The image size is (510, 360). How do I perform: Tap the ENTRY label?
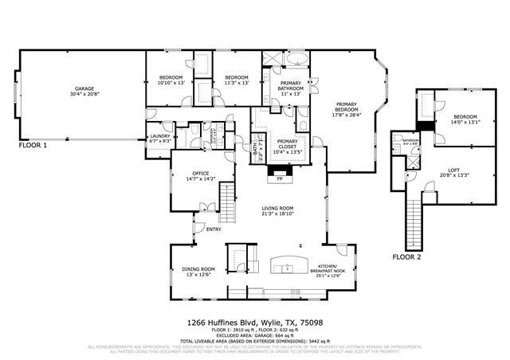pos(214,229)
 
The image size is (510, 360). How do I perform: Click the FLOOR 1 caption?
pos(33,146)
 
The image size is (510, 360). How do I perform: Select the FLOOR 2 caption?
pos(408,256)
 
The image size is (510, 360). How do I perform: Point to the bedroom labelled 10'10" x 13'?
pos(171,80)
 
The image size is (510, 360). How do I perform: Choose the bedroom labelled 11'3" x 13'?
pos(237,80)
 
